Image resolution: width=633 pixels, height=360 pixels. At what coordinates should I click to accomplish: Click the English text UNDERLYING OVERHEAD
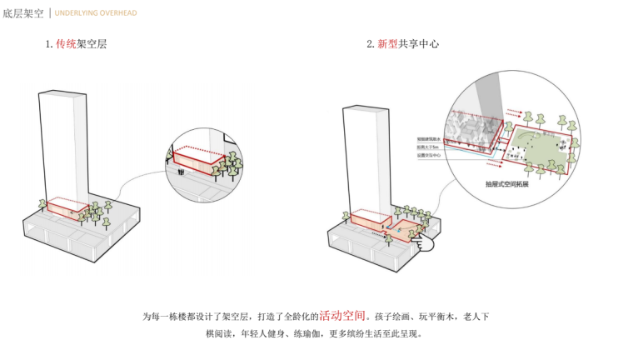tap(96, 13)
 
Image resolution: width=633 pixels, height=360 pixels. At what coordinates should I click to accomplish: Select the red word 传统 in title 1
tap(66, 44)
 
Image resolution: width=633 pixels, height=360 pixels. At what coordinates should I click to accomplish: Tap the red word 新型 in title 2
tap(387, 44)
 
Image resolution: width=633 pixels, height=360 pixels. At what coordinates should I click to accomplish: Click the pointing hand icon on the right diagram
tap(428, 242)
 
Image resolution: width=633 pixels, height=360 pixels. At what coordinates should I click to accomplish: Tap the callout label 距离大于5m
tap(429, 147)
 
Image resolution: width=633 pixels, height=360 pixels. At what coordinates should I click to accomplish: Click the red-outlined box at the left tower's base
tap(67, 208)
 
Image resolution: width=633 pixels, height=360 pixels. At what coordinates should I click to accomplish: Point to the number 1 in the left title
tap(48, 44)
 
